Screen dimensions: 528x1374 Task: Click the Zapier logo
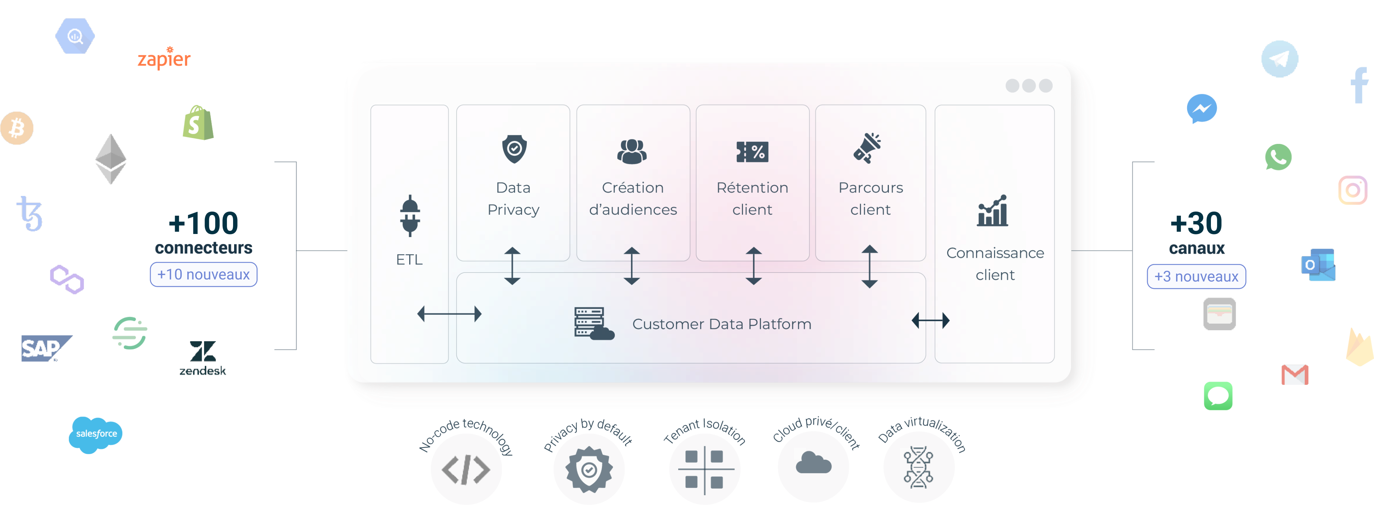(164, 58)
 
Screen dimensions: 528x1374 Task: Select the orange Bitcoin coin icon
(17, 128)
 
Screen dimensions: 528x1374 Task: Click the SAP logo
(46, 349)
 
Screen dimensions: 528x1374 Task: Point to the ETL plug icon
(410, 216)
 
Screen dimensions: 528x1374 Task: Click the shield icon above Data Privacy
(514, 149)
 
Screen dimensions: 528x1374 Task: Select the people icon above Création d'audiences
(632, 151)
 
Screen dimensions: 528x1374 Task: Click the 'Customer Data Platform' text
(722, 324)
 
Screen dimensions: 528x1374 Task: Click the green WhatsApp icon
(1278, 157)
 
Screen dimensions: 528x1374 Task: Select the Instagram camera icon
(1352, 190)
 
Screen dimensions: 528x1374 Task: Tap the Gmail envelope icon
(1295, 375)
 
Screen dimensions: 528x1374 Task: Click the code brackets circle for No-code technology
(466, 469)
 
